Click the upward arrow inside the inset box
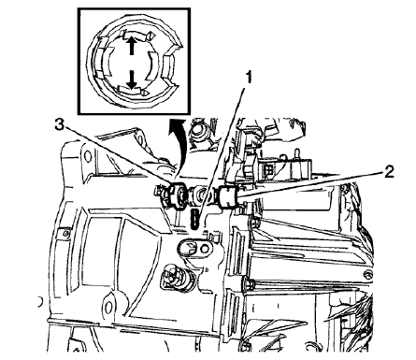point(132,42)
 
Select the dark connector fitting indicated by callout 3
point(170,196)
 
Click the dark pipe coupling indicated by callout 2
point(230,197)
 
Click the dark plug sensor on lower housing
point(174,279)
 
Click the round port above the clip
point(199,131)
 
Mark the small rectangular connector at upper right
point(270,173)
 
